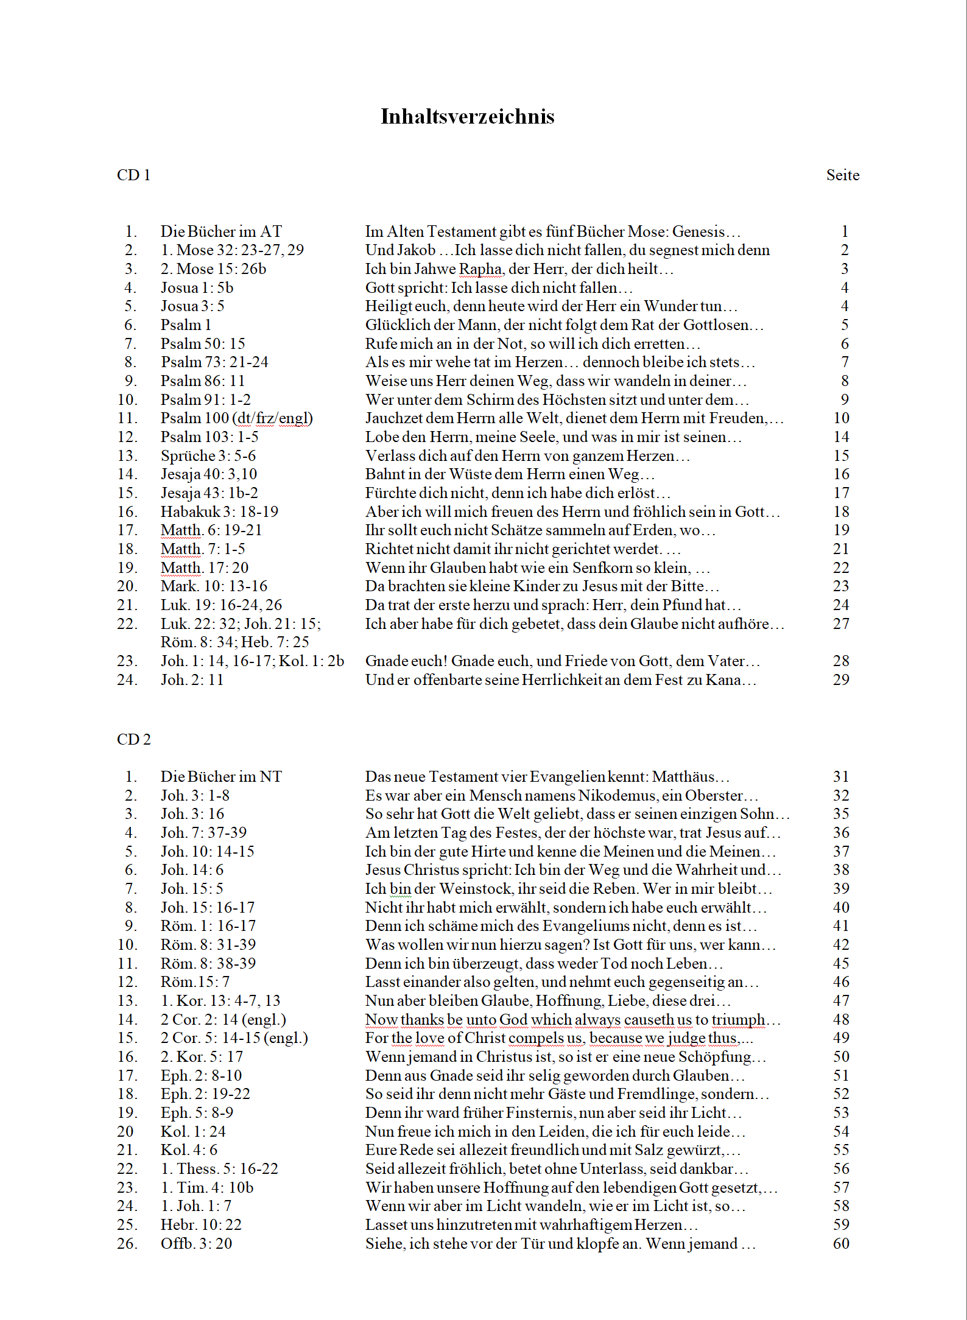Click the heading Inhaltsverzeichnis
[x=467, y=116]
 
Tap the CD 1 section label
[x=133, y=175]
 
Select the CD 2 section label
[x=133, y=739]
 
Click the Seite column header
[x=842, y=175]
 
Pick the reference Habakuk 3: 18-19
[x=219, y=511]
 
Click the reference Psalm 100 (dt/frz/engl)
[x=236, y=418]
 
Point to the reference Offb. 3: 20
[x=196, y=1243]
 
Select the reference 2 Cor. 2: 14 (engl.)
[x=223, y=1019]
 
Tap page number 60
[x=840, y=1243]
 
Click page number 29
[x=840, y=679]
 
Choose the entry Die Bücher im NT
[x=221, y=776]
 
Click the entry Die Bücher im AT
[x=221, y=231]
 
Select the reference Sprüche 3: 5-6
[x=208, y=455]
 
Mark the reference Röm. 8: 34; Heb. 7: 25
[x=234, y=642]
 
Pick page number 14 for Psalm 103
[x=840, y=437]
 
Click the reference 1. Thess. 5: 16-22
[x=219, y=1168]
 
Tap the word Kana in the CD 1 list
[x=723, y=679]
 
